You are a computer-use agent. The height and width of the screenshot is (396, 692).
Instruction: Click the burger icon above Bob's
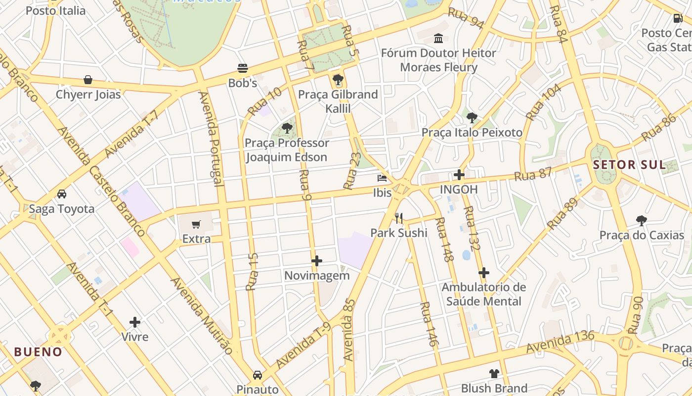click(x=242, y=68)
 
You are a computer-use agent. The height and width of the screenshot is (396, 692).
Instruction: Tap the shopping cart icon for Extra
click(x=196, y=225)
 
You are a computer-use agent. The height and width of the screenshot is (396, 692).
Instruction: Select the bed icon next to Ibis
click(x=382, y=178)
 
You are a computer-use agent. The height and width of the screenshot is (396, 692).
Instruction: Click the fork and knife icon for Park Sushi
click(x=399, y=218)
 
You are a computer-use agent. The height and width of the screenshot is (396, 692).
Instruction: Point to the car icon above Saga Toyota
click(x=62, y=194)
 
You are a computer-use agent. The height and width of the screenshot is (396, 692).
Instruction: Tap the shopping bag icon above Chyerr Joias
click(x=88, y=80)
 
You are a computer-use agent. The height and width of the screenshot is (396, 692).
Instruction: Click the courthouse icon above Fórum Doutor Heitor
click(x=438, y=38)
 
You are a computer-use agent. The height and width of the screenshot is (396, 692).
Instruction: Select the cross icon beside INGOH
click(x=459, y=175)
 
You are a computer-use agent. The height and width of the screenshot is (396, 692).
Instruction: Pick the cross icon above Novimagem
click(x=317, y=261)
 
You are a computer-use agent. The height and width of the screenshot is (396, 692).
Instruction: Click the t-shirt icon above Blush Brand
click(x=494, y=374)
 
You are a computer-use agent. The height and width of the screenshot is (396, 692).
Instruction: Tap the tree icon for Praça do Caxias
click(x=641, y=220)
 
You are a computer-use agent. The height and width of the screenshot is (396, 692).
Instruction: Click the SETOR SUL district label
click(x=630, y=165)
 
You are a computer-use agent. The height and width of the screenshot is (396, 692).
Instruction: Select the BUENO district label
click(x=38, y=352)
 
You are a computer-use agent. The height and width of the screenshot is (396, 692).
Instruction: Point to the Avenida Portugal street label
click(x=211, y=139)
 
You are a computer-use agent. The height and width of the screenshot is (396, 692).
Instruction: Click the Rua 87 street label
click(x=533, y=174)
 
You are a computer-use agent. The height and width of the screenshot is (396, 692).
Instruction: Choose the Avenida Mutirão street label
click(x=202, y=315)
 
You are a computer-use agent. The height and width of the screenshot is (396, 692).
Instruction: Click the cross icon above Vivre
click(x=135, y=323)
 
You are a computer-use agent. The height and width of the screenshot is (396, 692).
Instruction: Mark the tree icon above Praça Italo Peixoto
click(x=472, y=118)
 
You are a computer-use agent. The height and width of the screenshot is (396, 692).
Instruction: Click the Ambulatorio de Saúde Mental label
click(x=483, y=294)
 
